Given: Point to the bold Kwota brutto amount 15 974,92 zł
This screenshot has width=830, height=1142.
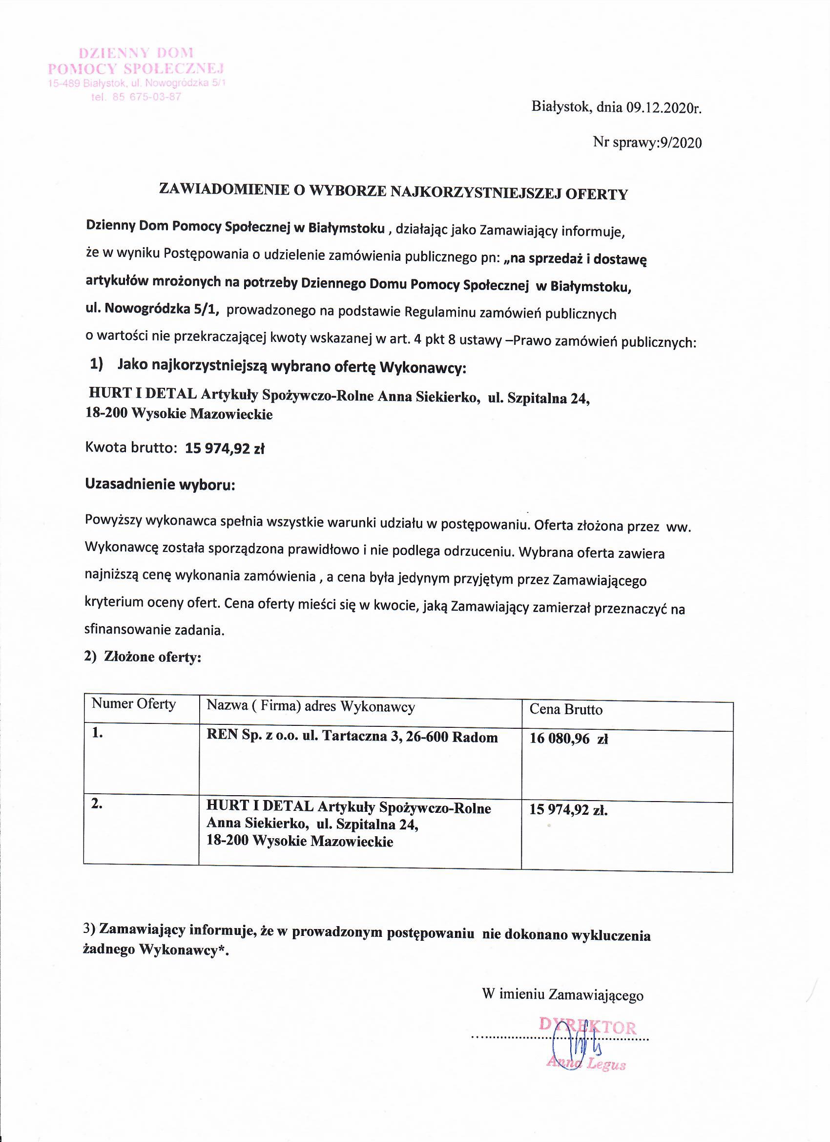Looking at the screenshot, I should coord(225,448).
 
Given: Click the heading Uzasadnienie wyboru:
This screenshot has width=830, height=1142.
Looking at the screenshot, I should coord(160,485).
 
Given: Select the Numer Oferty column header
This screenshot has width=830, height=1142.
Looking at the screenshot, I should coord(133,704).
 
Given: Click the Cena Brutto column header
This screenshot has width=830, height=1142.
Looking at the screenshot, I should coord(566,709).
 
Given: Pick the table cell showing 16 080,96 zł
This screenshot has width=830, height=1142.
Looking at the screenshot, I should coord(569,739).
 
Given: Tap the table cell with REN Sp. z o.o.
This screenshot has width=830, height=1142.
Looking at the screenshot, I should coord(352,737).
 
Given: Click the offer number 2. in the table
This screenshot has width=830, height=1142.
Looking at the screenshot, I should coord(97,804).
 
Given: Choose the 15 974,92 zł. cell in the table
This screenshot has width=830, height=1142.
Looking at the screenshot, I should coord(568,810).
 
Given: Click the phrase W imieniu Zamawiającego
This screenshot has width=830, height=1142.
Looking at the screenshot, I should coord(562,995).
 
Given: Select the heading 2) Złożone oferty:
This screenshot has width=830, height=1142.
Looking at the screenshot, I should coord(143,656).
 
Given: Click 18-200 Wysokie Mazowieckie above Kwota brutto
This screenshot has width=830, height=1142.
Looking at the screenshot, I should coord(179,414).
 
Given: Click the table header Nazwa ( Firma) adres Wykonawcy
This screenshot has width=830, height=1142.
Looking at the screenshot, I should coord(311,706).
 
